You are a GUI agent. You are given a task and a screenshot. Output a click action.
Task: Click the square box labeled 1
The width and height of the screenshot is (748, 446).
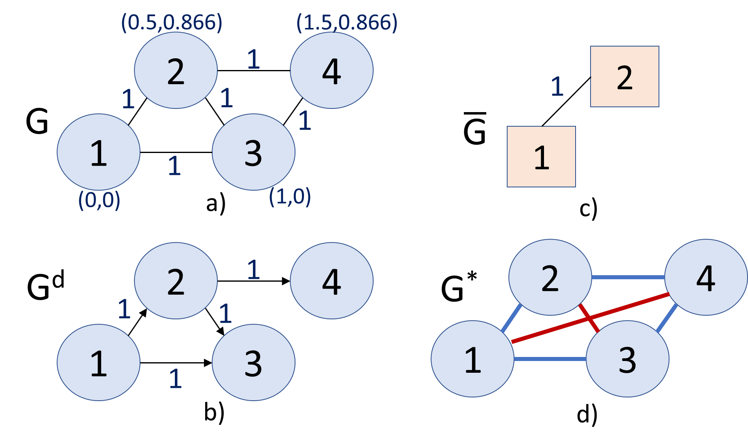541,157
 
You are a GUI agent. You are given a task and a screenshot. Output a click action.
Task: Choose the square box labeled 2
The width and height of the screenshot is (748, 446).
625,76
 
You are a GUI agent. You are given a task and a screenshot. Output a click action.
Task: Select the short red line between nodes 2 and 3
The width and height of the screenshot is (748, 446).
589,319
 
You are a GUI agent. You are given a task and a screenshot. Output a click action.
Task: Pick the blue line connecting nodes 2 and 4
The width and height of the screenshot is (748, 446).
628,277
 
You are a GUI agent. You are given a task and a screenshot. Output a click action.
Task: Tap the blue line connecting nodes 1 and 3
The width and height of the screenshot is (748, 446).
550,359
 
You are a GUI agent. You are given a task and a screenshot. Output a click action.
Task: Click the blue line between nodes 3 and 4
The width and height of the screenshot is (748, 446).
667,319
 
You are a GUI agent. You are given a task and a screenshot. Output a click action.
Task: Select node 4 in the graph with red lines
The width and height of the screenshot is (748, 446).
706,277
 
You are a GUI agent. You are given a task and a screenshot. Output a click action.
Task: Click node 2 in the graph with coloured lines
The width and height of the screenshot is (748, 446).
550,277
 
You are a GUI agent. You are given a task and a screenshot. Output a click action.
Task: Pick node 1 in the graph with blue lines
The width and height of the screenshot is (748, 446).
472,359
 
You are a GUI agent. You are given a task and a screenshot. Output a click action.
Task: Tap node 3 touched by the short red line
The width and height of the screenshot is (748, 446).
627,359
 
